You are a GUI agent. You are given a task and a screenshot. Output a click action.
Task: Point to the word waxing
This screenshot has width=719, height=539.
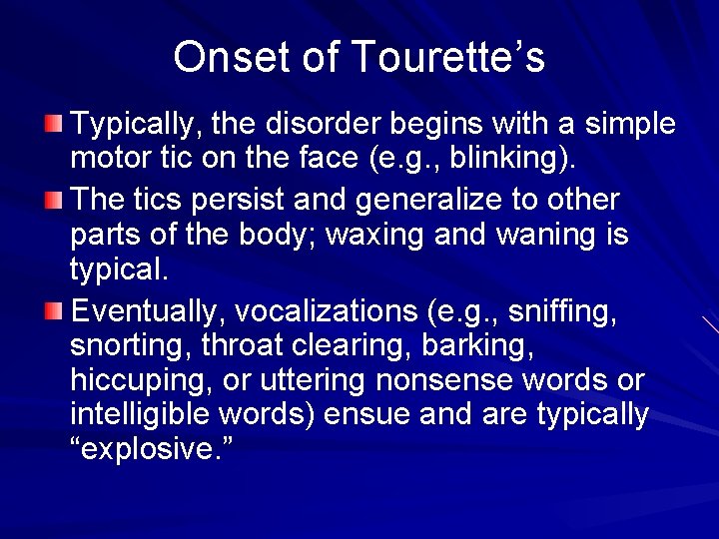[x=393, y=236]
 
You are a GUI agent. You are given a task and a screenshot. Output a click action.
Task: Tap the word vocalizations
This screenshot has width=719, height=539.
[x=329, y=312]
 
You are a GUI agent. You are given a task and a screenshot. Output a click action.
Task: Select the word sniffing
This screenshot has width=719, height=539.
[x=561, y=312]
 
